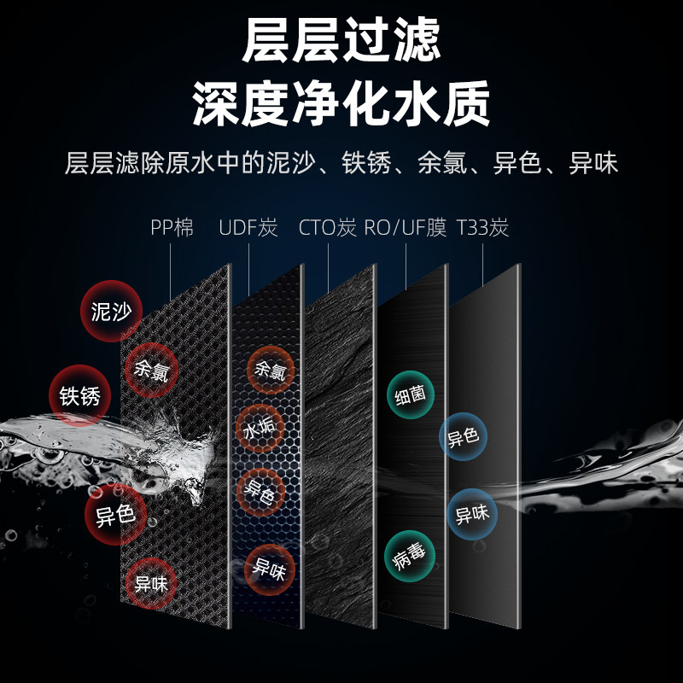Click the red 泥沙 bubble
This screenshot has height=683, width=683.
110,312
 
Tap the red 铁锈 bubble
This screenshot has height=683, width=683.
79,396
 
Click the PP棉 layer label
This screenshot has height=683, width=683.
172,228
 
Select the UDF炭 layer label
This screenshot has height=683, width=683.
248,228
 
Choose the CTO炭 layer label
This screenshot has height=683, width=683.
327,228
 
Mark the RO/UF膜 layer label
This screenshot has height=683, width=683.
405,228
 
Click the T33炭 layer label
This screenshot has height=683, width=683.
482,228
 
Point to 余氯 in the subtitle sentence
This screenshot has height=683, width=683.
438,163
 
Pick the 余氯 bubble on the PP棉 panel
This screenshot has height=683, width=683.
152,370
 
